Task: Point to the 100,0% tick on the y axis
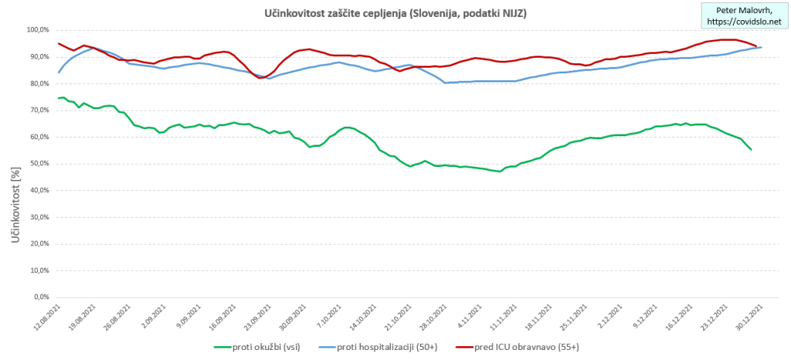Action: [36, 29]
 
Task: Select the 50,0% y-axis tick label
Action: [37, 163]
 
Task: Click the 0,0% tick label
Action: [39, 297]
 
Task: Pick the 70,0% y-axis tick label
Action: [37, 110]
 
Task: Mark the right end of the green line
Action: [751, 149]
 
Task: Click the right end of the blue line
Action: [762, 47]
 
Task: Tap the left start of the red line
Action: [59, 43]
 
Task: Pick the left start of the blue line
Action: [59, 73]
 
